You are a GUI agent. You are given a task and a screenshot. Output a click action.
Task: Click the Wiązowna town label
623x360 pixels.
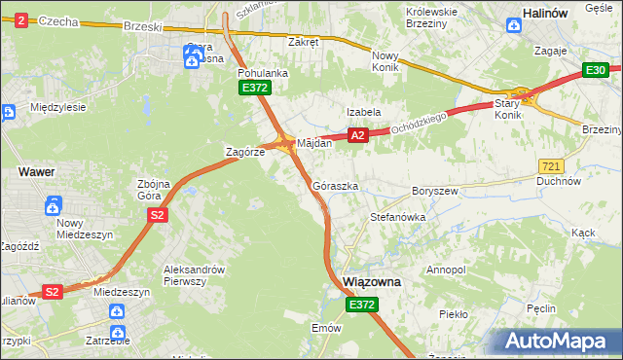tap(373, 282)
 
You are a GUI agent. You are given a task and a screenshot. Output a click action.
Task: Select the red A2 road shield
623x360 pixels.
tap(358, 136)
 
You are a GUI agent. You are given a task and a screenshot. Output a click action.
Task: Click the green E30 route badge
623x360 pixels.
tap(596, 70)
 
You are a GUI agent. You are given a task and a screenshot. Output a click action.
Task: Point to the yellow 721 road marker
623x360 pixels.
tap(550, 167)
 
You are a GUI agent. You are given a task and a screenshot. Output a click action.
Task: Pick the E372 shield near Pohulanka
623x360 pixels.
tap(254, 89)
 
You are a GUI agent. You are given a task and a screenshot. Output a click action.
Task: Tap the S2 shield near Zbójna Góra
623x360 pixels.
tap(157, 215)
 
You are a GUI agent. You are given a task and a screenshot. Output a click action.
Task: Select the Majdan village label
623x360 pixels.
tap(314, 143)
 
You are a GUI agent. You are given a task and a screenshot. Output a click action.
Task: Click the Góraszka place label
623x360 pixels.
tap(336, 185)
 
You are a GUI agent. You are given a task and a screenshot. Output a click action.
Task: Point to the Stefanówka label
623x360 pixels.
tap(397, 218)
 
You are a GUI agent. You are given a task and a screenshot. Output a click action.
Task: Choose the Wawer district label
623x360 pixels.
tap(36, 171)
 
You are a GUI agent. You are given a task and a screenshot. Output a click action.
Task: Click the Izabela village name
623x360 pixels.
tap(365, 112)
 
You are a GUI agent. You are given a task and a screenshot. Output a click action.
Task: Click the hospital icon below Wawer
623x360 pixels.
tap(54, 205)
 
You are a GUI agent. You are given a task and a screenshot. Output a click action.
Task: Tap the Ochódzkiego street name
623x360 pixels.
tap(419, 122)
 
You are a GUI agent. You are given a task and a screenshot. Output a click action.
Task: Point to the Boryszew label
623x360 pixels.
tap(435, 192)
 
